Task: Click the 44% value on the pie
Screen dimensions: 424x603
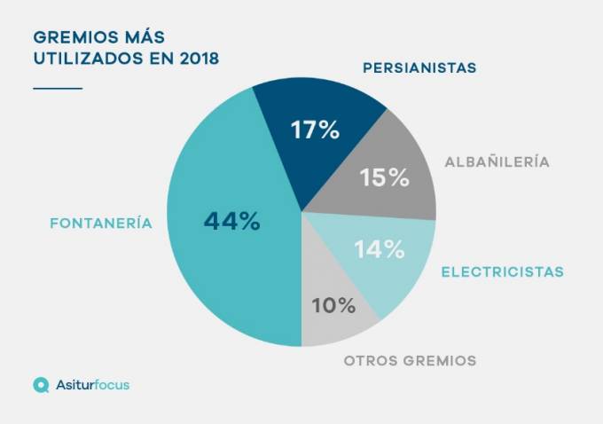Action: pos(231,221)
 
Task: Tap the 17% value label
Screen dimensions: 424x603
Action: pos(316,130)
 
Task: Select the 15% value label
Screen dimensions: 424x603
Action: pos(385,177)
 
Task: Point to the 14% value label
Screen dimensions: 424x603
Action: pos(380,249)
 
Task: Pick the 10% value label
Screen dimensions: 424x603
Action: pos(333,306)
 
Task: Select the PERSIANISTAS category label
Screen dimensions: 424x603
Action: pos(419,67)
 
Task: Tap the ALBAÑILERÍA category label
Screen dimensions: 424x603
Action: pos(497,162)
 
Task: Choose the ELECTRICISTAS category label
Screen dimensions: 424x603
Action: pos(503,271)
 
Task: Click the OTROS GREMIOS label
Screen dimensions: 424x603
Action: pos(410,361)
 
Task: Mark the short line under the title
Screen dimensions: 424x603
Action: pos(58,88)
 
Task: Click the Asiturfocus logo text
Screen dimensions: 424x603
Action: pos(93,385)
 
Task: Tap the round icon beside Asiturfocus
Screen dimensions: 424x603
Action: pos(41,385)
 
